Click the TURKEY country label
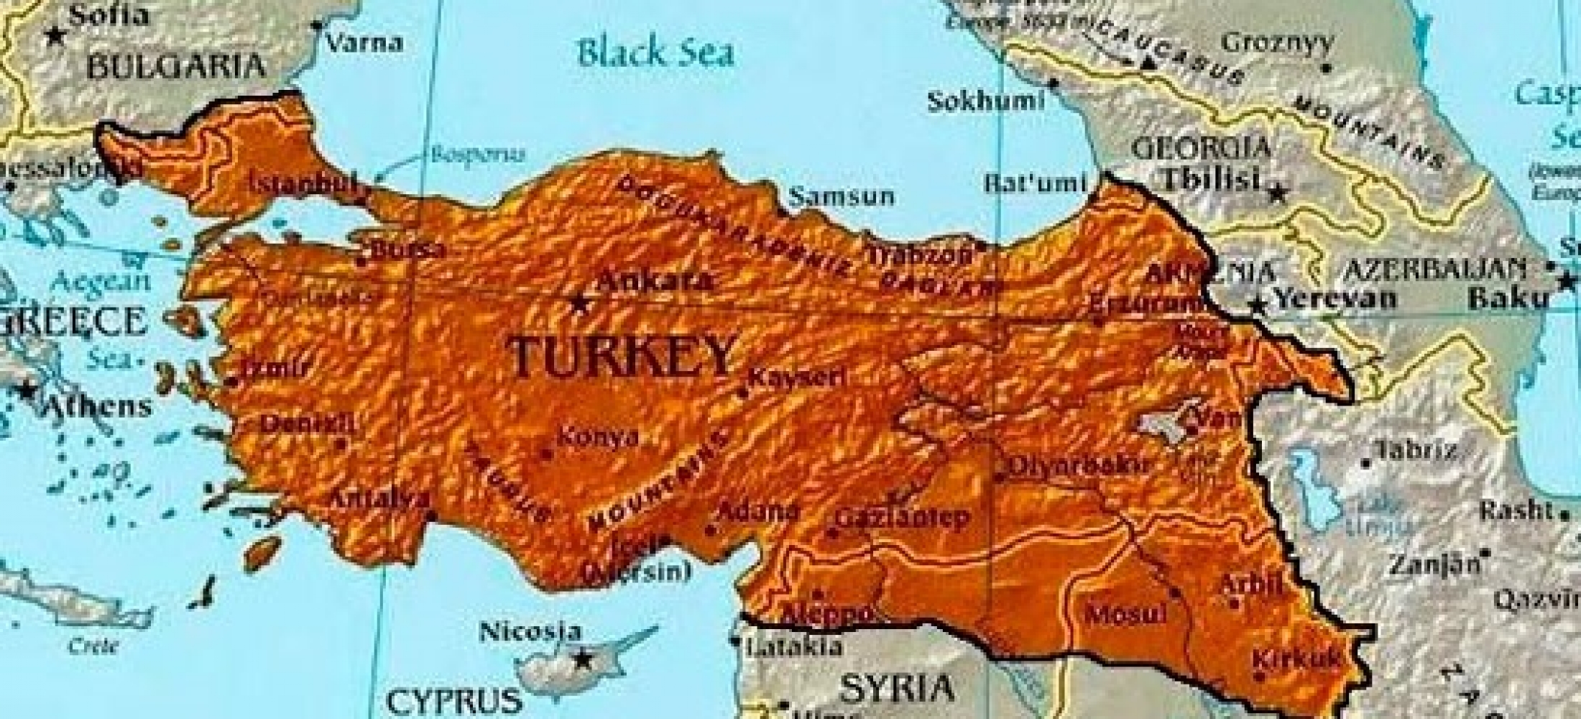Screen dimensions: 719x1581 point(622,356)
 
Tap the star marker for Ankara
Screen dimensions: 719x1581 point(579,303)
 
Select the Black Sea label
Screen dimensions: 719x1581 point(656,54)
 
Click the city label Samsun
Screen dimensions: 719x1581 point(842,196)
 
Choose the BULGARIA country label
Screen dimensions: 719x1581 point(176,67)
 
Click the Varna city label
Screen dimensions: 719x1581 point(364,42)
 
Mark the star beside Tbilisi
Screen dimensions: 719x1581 point(1278,193)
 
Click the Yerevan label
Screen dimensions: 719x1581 point(1335,298)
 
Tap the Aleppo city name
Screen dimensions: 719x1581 point(826,614)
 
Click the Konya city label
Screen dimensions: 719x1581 point(598,437)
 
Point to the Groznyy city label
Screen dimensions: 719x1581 point(1277,43)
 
